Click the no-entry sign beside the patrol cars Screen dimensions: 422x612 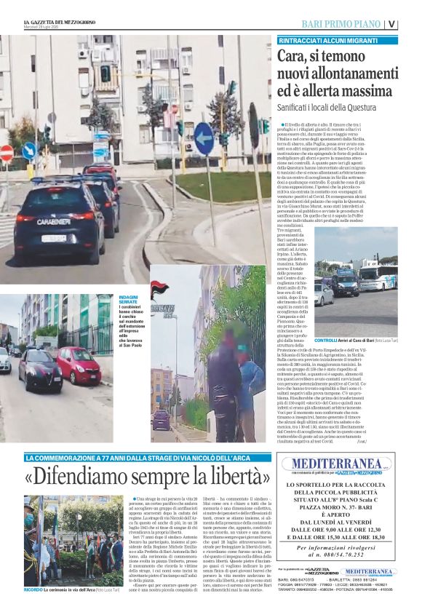[7, 153]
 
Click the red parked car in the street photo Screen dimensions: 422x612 [78, 363]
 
